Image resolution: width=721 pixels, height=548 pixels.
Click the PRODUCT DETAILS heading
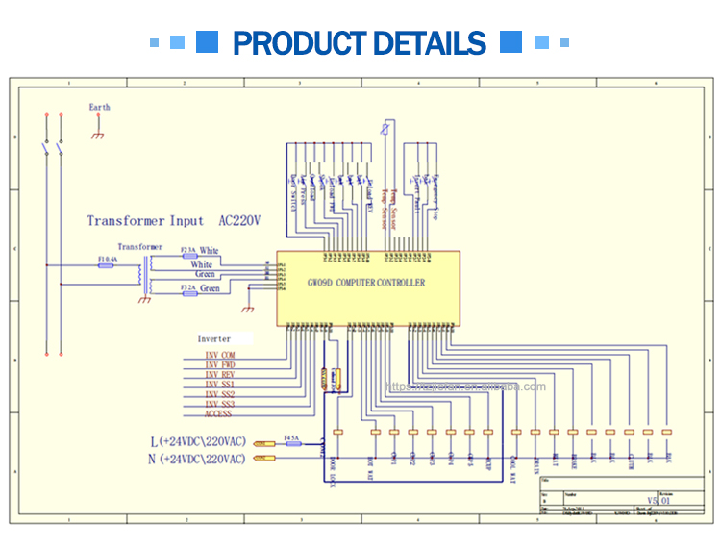click(x=360, y=43)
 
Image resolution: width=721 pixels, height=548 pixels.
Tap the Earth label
click(x=99, y=107)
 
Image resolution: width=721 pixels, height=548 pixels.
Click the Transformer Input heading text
click(x=145, y=221)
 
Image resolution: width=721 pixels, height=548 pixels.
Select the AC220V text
click(x=240, y=221)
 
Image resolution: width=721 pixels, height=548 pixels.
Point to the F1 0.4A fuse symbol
click(x=108, y=265)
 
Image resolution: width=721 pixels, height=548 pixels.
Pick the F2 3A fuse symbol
click(x=189, y=256)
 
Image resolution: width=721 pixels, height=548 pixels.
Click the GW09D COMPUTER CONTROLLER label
click(x=365, y=283)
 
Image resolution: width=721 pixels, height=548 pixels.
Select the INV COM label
click(x=219, y=355)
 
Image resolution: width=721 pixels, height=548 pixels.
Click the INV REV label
click(x=219, y=375)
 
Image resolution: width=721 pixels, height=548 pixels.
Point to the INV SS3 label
click(x=219, y=404)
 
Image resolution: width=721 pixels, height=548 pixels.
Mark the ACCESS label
click(x=217, y=413)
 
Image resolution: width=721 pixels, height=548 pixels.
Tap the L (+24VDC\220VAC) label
click(x=197, y=441)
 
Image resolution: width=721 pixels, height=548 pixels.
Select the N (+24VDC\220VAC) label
click(x=197, y=460)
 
